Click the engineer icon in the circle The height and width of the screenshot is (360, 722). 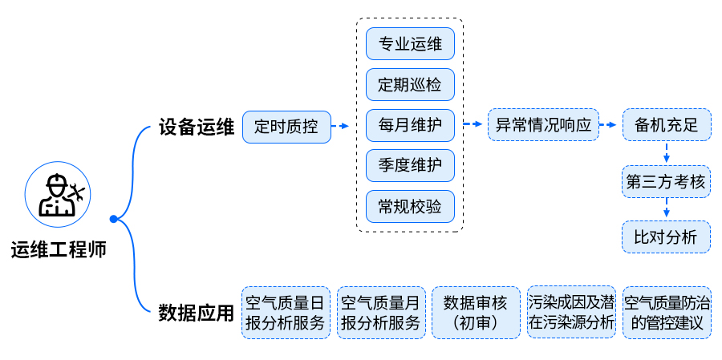(59, 195)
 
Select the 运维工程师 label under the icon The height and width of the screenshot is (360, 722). (59, 249)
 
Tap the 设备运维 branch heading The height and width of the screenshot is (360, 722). (196, 127)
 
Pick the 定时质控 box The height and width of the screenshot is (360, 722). (286, 127)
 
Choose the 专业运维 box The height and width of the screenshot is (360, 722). (410, 43)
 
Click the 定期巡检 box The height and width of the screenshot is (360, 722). (410, 84)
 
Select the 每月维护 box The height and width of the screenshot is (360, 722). (410, 126)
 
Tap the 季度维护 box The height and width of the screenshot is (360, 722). (410, 166)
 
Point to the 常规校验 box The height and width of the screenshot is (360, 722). (410, 207)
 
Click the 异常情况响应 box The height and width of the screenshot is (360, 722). (543, 125)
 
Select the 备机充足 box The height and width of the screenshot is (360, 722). (666, 125)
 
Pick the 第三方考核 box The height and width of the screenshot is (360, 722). (666, 182)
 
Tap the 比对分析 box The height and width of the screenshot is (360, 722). (666, 237)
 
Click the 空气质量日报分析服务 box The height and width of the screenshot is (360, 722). (286, 313)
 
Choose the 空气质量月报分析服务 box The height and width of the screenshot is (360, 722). (381, 313)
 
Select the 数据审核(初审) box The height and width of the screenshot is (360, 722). (476, 313)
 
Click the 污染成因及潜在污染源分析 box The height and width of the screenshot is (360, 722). (571, 313)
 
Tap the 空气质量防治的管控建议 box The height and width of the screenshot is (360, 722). (667, 313)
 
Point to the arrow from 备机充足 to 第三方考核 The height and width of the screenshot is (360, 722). (666, 153)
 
